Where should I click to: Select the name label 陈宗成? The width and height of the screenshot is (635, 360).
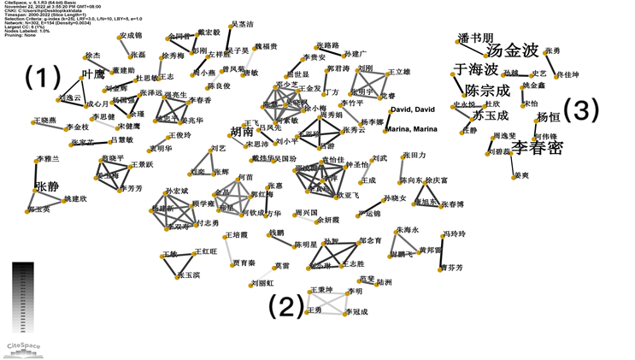pos(486,90)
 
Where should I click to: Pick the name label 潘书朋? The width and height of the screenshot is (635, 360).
pos(476,38)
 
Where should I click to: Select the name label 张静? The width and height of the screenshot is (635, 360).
pos(47,187)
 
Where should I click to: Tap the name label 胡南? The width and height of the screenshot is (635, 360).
pos(242,132)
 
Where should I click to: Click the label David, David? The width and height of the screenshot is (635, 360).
pos(412,111)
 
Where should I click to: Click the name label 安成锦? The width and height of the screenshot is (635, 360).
pos(131,36)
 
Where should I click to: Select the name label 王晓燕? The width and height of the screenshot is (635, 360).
pos(48,121)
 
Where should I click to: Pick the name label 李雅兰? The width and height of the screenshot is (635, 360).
pos(46,159)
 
